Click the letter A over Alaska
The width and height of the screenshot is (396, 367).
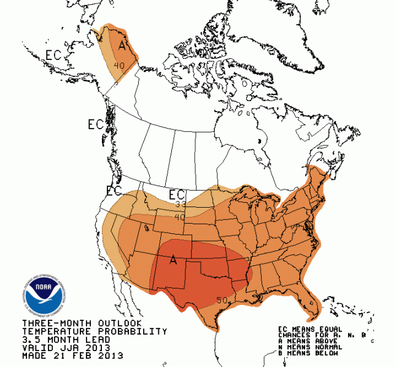click(123, 46)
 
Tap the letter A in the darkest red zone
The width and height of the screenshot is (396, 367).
click(174, 261)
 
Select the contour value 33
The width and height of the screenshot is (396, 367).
click(180, 205)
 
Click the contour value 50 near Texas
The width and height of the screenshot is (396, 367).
click(222, 300)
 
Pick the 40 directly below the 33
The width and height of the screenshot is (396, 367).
click(179, 216)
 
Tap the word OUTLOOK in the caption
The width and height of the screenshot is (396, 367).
click(120, 323)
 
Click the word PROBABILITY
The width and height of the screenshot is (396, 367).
click(137, 331)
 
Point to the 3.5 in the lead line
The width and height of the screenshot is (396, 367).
click(31, 339)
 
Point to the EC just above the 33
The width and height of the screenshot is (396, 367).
click(176, 195)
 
